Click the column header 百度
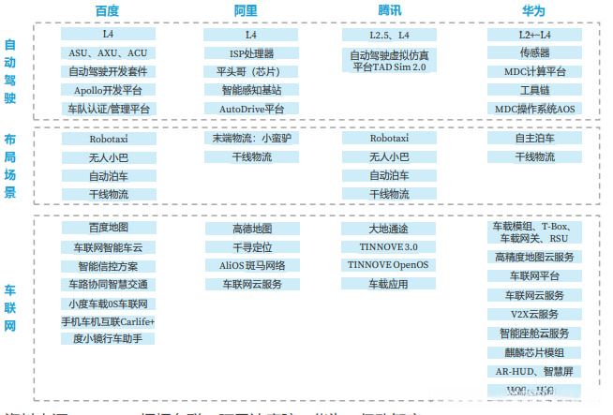tap(108, 10)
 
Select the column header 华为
tap(534, 10)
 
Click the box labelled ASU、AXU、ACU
tap(109, 53)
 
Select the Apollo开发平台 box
tap(109, 91)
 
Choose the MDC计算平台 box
tap(534, 72)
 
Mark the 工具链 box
tap(534, 91)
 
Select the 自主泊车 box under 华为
tap(534, 139)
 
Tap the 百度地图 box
tap(109, 229)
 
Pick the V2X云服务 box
tap(534, 315)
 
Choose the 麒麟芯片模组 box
tap(534, 352)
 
